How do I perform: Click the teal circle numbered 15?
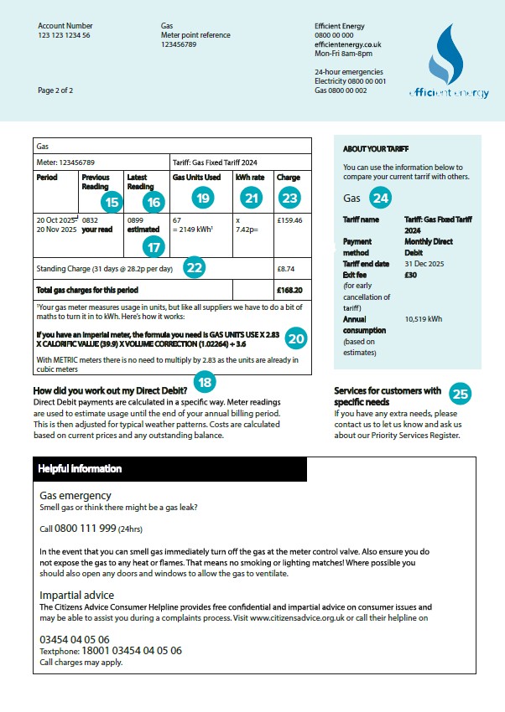[111, 202]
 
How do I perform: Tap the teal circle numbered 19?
[202, 198]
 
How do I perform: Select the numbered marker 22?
[194, 267]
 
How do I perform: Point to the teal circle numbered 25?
[461, 394]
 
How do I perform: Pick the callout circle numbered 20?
[296, 338]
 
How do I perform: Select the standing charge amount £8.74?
[286, 269]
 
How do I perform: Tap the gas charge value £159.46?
[289, 221]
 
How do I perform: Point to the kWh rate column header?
[250, 178]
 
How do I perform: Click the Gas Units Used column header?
[196, 178]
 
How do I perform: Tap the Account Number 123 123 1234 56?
[64, 36]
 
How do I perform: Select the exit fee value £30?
[411, 274]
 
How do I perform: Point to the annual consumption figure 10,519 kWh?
[424, 319]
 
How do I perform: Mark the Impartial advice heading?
[77, 596]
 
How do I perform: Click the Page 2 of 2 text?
[55, 90]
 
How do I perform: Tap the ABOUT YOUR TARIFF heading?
[375, 149]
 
